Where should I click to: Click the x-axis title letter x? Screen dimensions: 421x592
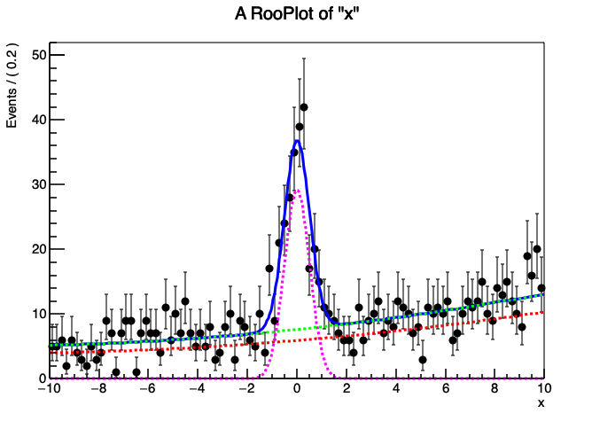[541, 403]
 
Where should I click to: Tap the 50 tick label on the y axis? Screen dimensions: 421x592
[33, 55]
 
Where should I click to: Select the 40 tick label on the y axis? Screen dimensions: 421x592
[33, 120]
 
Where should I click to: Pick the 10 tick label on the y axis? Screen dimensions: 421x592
[33, 314]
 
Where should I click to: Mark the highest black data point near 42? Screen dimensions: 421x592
[304, 106]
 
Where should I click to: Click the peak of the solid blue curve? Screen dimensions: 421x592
[298, 141]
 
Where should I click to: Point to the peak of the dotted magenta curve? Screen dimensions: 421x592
[297, 190]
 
